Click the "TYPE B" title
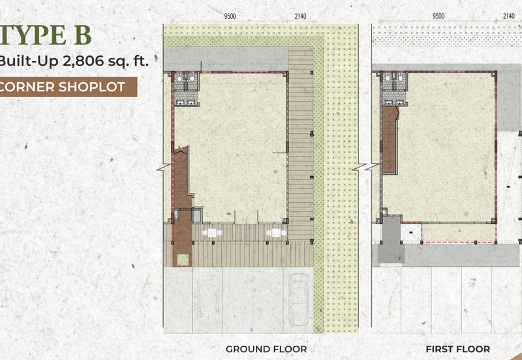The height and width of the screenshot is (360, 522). [x=46, y=35]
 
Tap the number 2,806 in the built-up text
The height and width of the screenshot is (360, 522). [x=84, y=61]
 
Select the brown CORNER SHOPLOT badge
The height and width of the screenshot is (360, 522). [x=69, y=87]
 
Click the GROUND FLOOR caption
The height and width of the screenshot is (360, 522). [x=266, y=349]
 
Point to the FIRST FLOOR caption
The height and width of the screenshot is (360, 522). [x=458, y=349]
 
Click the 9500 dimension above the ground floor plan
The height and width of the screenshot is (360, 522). [x=230, y=16]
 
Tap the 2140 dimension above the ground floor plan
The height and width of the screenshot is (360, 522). [x=300, y=16]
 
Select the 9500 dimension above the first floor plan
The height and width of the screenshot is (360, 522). [x=438, y=16]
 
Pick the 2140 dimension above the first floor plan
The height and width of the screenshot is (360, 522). [x=509, y=16]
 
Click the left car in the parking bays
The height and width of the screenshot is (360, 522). [x=207, y=299]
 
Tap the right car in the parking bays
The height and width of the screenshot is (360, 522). [x=298, y=299]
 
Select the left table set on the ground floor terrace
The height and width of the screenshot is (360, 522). [x=212, y=233]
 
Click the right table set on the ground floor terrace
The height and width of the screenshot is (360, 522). [x=275, y=233]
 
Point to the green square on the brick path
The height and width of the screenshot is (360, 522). [x=183, y=260]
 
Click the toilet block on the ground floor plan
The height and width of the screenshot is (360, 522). [x=186, y=89]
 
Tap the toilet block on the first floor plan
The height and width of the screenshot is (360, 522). [x=395, y=89]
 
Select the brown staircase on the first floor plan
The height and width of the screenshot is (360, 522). [x=390, y=140]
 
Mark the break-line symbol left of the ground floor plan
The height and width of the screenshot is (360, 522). [x=164, y=168]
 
